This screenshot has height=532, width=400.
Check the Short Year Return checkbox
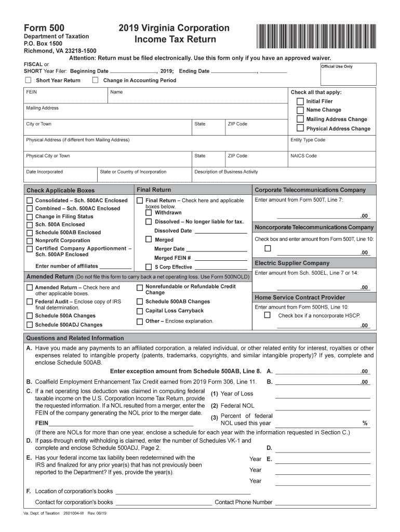pos(29,80)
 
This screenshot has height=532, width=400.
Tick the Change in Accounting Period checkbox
pos(95,80)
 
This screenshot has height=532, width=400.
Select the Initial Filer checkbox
pos(300,101)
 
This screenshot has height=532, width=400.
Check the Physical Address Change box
pos(300,128)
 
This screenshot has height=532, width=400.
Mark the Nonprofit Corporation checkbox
pos(30,241)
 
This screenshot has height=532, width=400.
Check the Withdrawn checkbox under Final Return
pos(149,212)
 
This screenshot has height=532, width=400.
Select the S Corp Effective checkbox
pos(149,267)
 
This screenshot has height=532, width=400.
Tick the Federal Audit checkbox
pos(30,301)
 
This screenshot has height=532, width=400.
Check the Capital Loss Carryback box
pos(140,311)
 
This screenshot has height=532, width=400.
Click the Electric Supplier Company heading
pos(292,263)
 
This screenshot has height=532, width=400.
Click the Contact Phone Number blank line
pos(322,502)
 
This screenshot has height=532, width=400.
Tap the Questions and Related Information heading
pos(75,338)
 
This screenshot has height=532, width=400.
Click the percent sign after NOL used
pos(365,423)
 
